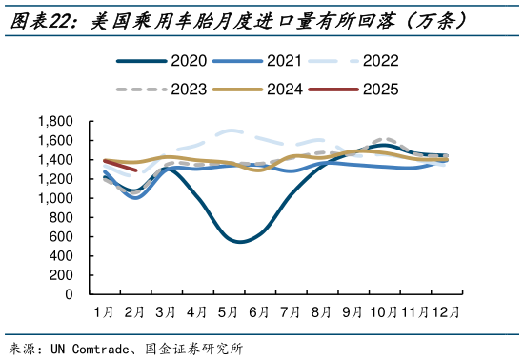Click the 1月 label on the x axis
click(104, 311)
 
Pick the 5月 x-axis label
click(229, 311)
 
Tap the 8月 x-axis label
click(321, 311)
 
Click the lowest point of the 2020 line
click(238, 242)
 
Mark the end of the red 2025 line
click(136, 170)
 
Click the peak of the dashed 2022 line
click(229, 130)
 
